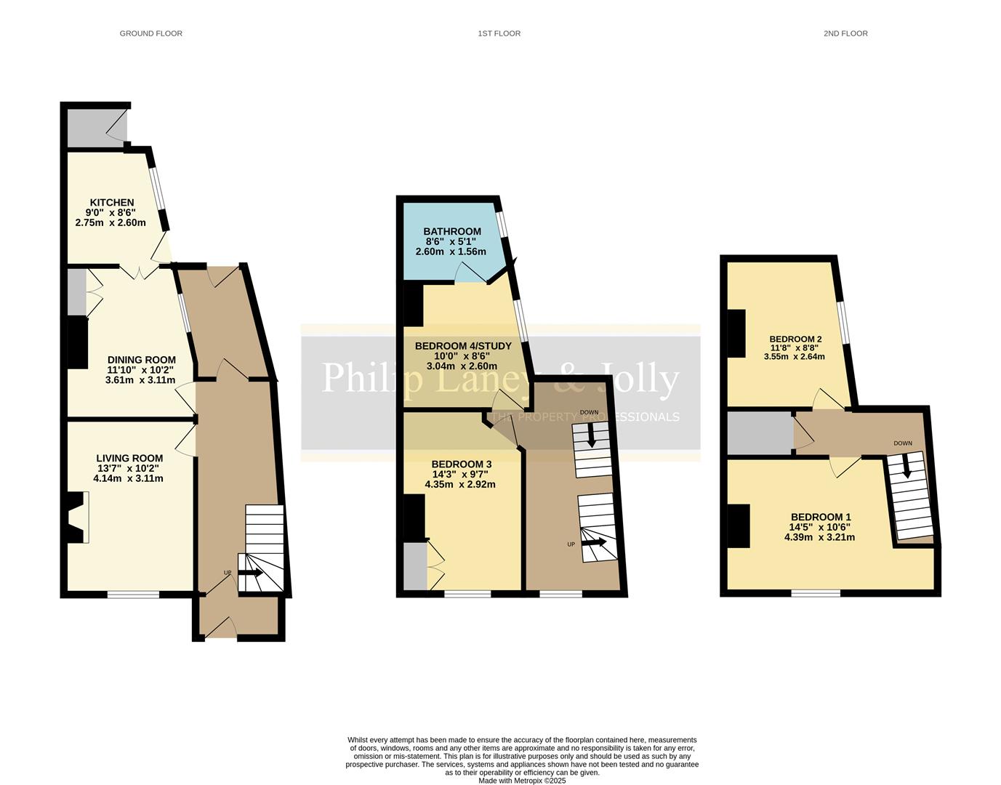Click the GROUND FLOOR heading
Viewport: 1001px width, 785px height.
150,33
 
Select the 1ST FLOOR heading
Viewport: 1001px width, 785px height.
499,33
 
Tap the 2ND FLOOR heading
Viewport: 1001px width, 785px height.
845,33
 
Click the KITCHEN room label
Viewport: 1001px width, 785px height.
112,203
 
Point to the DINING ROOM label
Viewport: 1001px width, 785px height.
141,360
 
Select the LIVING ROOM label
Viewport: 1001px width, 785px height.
129,459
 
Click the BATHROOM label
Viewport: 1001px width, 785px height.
452,232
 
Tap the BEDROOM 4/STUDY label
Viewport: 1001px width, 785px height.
463,346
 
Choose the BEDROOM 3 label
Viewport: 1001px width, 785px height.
462,464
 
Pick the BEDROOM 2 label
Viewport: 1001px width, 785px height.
795,339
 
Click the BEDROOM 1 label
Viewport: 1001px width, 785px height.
821,518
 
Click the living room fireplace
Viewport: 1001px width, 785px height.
76,518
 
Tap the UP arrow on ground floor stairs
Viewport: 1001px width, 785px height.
251,573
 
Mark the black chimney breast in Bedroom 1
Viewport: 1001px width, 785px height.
739,526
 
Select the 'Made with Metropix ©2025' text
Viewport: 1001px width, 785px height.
521,781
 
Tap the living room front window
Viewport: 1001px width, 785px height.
133,595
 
